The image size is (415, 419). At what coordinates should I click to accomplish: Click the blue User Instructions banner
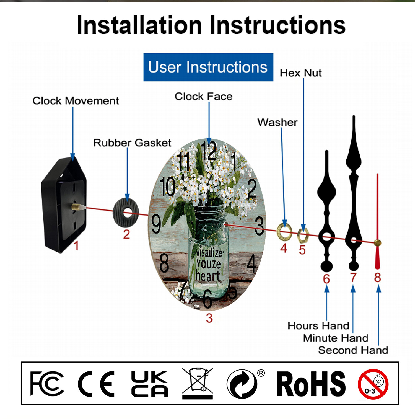coord(208,67)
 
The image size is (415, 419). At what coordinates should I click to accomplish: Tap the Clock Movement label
coord(76,101)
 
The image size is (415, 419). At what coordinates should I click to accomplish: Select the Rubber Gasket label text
coord(132,143)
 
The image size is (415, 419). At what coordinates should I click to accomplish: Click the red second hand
coord(377,221)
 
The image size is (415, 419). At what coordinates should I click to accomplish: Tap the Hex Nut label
coord(301,73)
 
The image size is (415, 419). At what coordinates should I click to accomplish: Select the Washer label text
coord(277,122)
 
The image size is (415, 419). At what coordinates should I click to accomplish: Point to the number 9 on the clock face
coord(156,224)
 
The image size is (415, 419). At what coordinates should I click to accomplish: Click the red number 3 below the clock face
coord(209,318)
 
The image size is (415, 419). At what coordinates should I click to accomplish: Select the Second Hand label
coord(353,350)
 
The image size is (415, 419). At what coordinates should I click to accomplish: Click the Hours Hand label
coord(318,326)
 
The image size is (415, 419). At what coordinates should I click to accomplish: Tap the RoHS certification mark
coord(311,384)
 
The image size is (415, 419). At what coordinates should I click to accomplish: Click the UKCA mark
coord(149,384)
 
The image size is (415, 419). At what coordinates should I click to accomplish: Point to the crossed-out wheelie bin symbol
coord(198,383)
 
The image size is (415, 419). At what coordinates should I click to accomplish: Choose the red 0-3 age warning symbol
coord(373,384)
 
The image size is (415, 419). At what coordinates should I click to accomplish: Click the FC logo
coord(47,384)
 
